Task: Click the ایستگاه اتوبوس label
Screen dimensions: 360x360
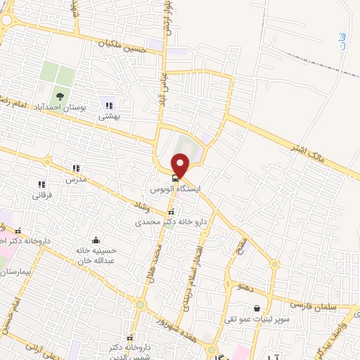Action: click(176, 190)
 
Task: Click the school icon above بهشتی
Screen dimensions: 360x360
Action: click(108, 105)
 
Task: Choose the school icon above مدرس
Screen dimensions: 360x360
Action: click(76, 168)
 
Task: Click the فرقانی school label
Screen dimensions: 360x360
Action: click(40, 195)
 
